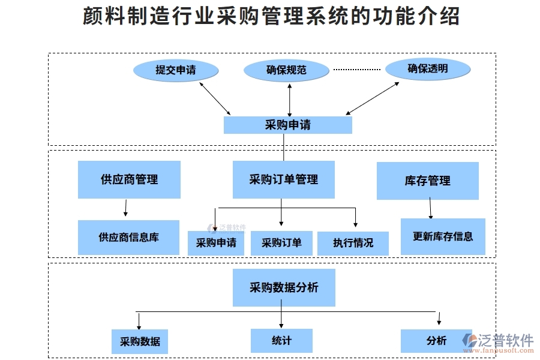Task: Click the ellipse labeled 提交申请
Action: tap(175, 70)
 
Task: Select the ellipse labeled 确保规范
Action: tap(286, 70)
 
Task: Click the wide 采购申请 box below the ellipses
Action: tap(287, 125)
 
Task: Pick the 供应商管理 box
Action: tap(129, 179)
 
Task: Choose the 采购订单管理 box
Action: tap(283, 179)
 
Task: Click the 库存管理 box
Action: tap(427, 181)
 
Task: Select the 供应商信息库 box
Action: tap(128, 237)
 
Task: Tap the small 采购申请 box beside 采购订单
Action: tap(215, 243)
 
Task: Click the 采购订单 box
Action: tap(281, 243)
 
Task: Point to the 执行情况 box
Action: tap(353, 243)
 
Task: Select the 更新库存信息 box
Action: tap(443, 236)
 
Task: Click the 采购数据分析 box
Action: tap(283, 287)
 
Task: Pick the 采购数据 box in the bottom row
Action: tap(140, 341)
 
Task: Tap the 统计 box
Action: tap(281, 340)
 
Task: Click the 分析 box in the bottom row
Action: tap(436, 340)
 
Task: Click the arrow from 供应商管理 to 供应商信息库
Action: tap(125, 208)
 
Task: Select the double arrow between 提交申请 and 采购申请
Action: tap(215, 98)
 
